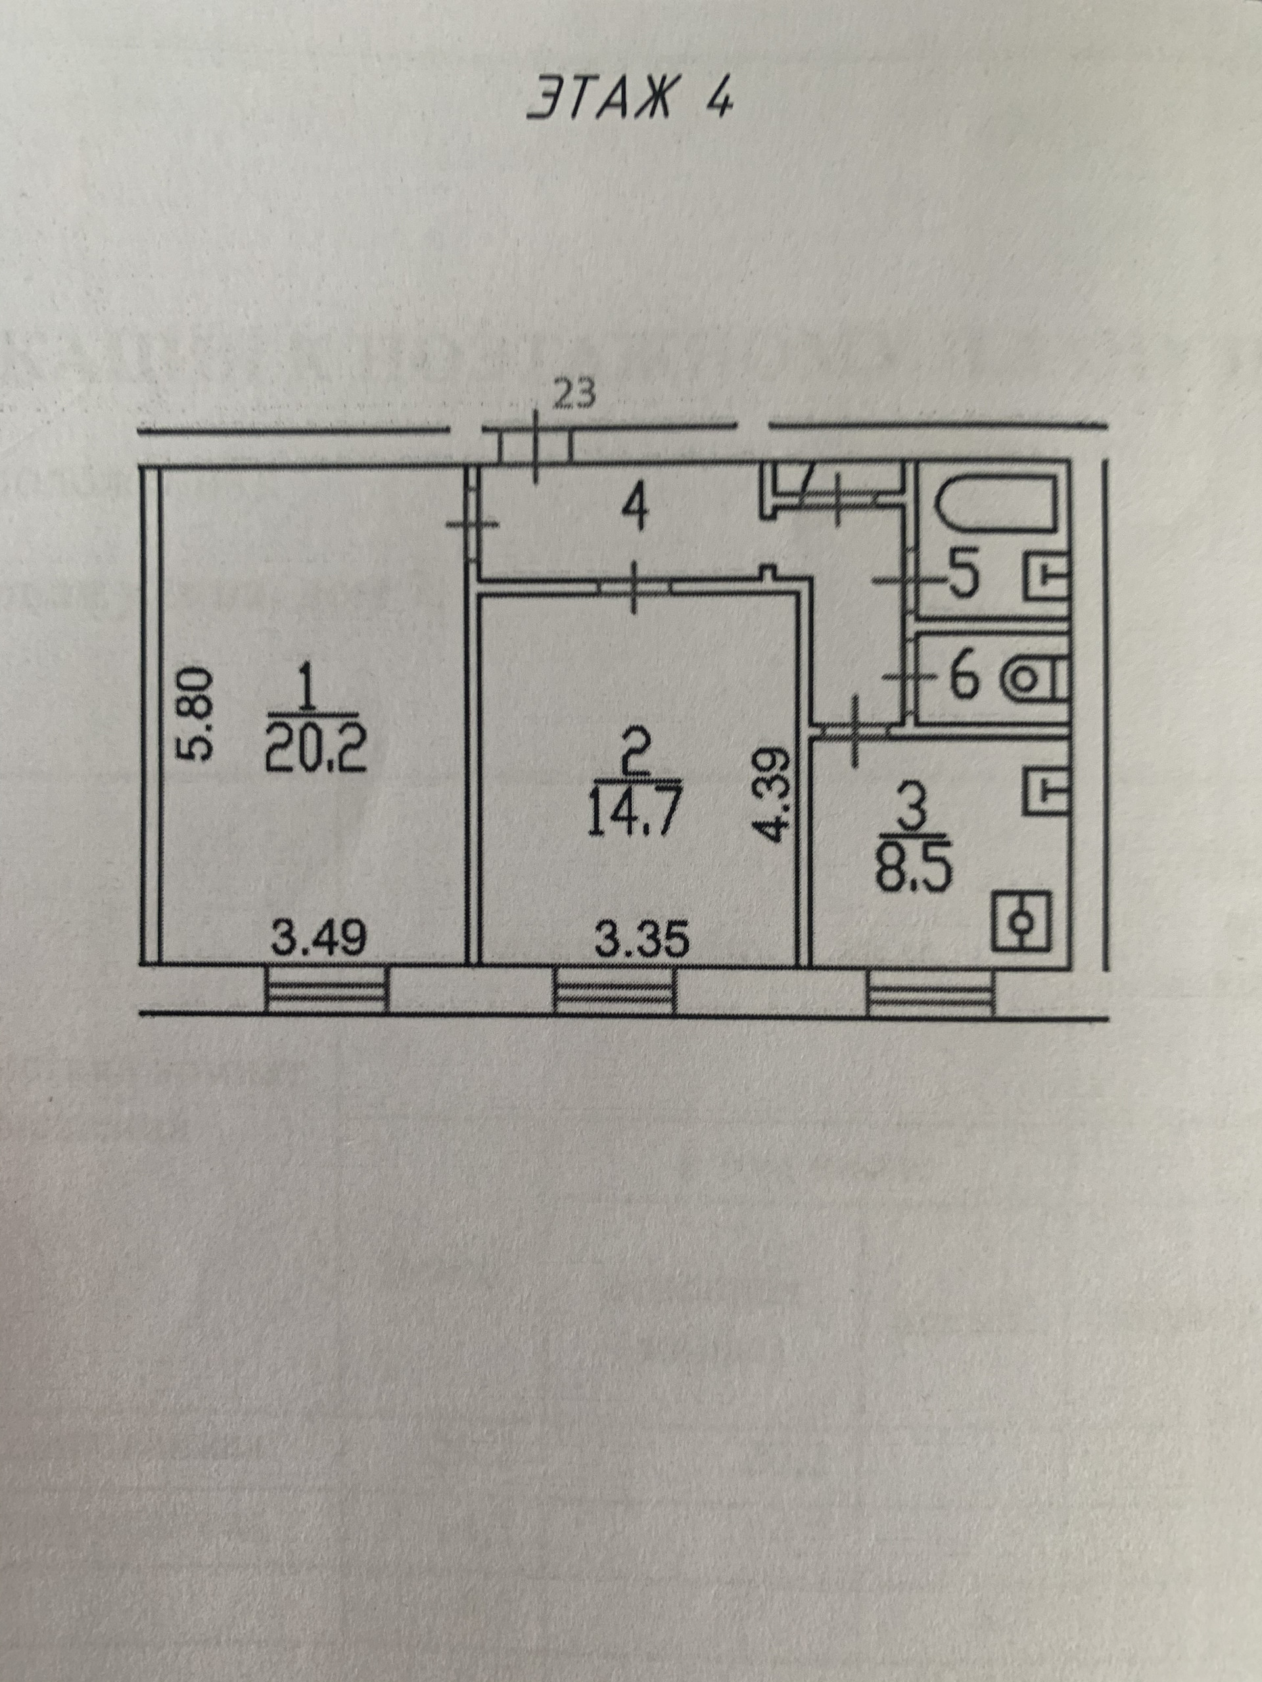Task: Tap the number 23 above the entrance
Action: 575,395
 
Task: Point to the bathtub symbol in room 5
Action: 995,505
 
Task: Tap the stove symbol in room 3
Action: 1023,922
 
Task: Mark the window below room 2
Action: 614,991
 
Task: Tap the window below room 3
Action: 930,991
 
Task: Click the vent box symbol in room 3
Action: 1048,791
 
